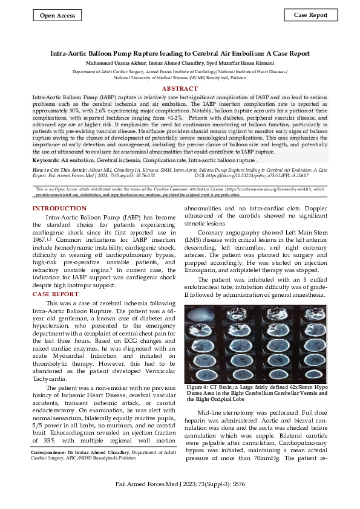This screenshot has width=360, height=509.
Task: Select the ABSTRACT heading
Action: coord(180,88)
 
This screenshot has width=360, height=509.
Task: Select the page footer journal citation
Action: coord(180,485)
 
